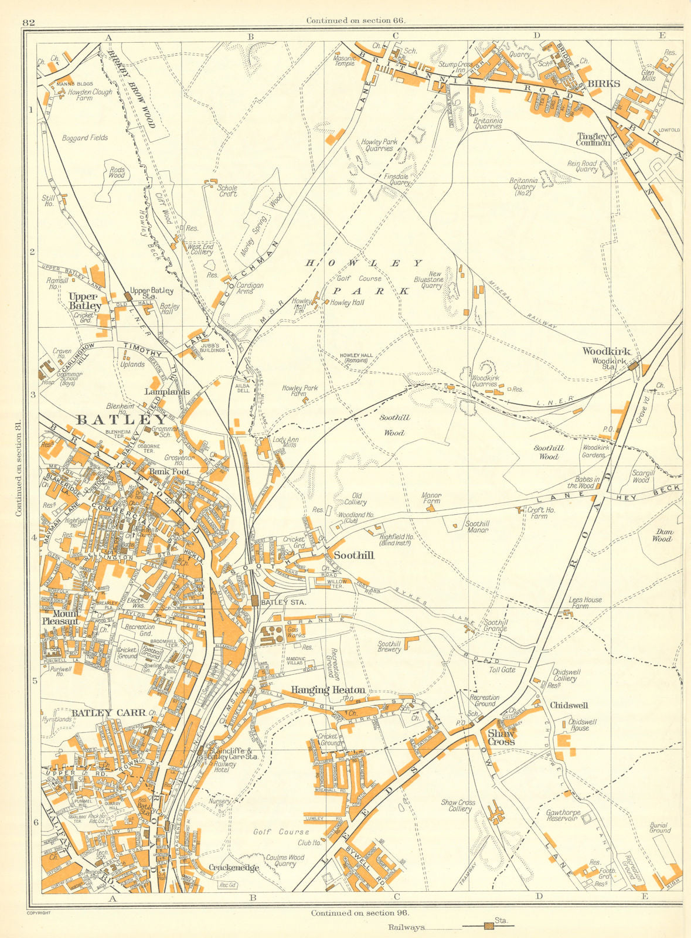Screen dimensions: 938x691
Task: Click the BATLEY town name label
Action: (121, 420)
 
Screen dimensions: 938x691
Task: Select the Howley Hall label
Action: (348, 303)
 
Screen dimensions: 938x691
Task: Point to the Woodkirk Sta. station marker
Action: (632, 365)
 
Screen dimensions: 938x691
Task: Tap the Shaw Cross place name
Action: (501, 738)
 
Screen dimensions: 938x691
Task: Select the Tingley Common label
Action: (593, 138)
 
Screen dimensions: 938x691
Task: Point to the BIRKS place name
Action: (604, 84)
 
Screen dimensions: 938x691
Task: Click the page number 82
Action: (29, 23)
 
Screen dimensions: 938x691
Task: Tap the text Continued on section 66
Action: (356, 21)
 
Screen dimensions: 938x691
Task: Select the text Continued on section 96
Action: (360, 913)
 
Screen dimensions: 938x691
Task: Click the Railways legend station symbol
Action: (488, 926)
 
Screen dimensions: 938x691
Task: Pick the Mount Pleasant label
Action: (60, 617)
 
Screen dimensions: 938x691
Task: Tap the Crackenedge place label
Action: (234, 868)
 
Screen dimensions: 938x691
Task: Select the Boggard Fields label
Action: (84, 138)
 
